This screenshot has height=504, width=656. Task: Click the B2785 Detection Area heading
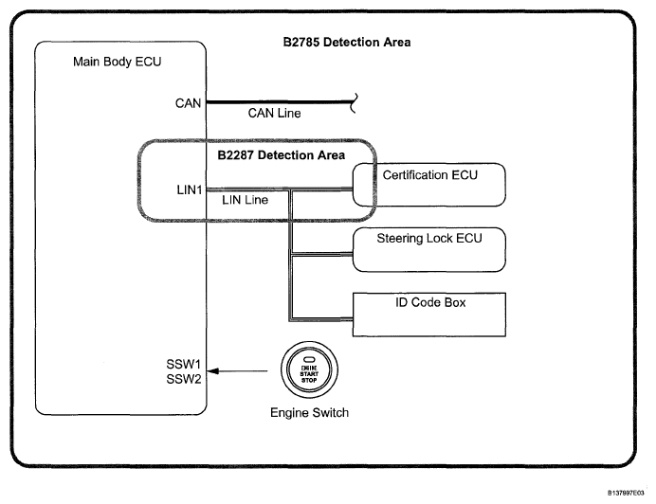tap(345, 43)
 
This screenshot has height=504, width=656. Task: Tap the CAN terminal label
tap(188, 102)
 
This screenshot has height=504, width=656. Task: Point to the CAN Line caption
tap(274, 114)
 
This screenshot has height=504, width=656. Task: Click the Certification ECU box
tap(428, 185)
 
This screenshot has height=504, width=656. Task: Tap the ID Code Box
tap(428, 314)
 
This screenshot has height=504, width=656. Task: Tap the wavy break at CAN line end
tap(354, 101)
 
